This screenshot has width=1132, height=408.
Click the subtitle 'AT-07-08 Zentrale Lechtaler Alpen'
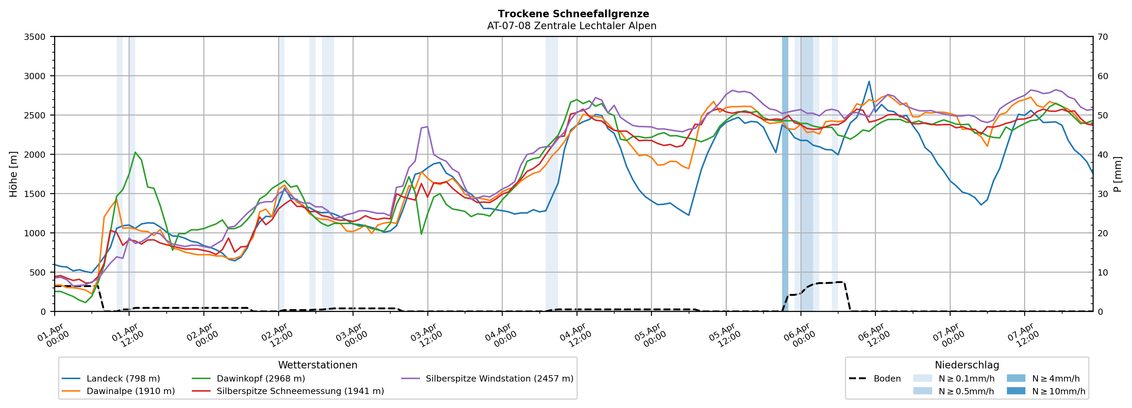(x=571, y=26)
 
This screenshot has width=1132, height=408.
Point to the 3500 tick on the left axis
(x=35, y=37)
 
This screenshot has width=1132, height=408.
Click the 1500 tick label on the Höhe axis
(x=35, y=194)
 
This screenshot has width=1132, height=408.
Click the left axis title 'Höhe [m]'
(x=13, y=174)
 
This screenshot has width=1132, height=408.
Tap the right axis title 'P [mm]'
(x=1118, y=174)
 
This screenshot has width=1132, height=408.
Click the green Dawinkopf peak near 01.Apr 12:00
(x=135, y=152)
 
